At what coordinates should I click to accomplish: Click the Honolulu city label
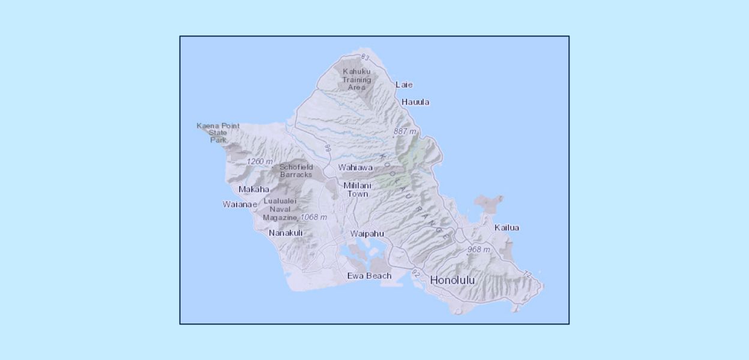[453, 280]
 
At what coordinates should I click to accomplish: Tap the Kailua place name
[507, 227]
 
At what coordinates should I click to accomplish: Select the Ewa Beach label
[369, 276]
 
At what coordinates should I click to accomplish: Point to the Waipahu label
[367, 233]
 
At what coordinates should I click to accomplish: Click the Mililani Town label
[358, 190]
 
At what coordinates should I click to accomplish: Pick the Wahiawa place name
[355, 167]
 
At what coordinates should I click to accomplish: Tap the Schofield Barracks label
[296, 170]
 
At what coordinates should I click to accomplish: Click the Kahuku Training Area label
[356, 79]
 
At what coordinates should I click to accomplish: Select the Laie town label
[404, 85]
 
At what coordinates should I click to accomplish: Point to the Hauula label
[415, 102]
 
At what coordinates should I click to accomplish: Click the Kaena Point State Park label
[218, 133]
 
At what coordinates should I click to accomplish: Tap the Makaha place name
[254, 190]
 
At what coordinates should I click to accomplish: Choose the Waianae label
[239, 204]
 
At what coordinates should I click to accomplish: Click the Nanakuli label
[286, 233]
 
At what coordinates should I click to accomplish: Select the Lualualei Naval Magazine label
[280, 209]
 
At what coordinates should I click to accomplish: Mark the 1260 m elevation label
[259, 161]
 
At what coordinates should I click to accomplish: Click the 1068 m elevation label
[313, 217]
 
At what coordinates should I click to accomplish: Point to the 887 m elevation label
[405, 131]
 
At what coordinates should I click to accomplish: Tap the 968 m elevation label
[478, 249]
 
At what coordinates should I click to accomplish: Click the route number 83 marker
[364, 57]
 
